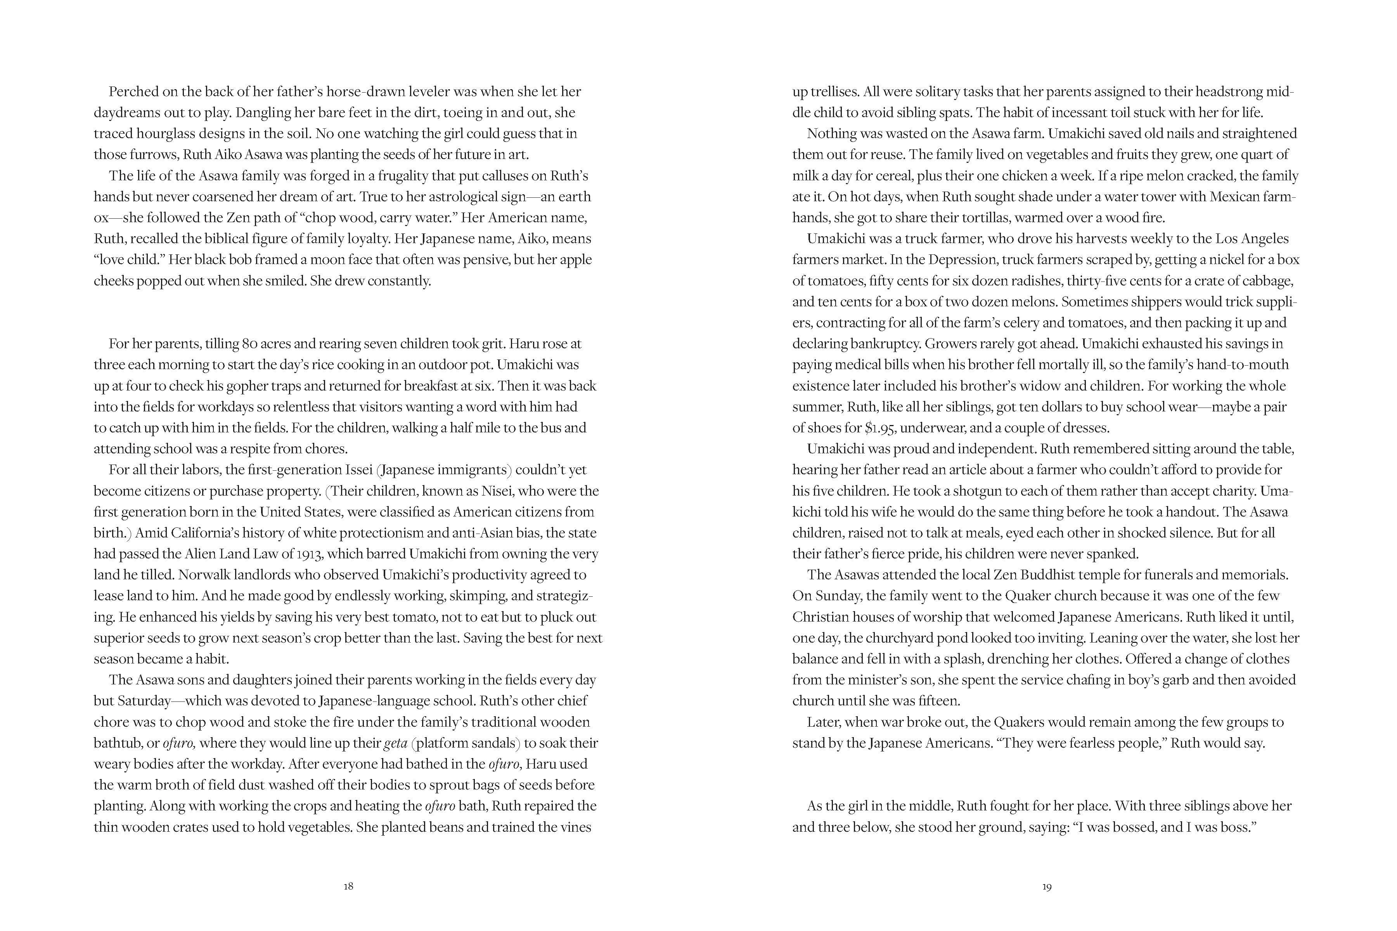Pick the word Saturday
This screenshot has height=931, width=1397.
144,701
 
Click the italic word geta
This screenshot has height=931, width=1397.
396,743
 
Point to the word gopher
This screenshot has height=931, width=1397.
222,386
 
